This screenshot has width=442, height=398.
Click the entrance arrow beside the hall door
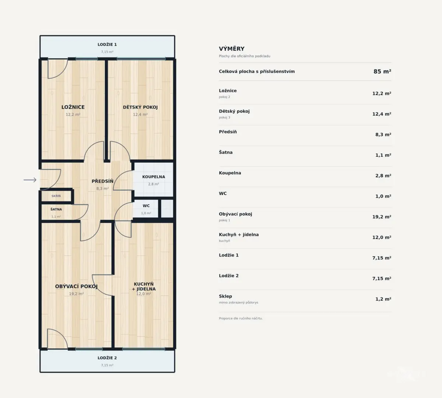point(30,180)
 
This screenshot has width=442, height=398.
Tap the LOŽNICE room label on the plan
point(73,107)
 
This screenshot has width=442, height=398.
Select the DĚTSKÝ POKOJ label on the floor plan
point(140,107)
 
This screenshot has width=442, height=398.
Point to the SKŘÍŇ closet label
point(56,196)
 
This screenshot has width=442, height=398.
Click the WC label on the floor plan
point(146,206)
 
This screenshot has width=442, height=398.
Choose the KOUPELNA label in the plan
point(154,177)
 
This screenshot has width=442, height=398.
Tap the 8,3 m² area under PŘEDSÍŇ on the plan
point(102,189)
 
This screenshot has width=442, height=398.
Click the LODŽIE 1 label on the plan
point(107,45)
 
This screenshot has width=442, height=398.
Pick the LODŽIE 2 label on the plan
point(107,358)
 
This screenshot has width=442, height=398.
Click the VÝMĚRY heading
point(232,49)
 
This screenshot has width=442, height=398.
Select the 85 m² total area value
point(382,71)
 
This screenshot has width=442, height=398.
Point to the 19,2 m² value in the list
point(382,217)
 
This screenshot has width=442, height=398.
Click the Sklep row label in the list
point(225,296)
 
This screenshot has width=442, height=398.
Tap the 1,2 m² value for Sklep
point(383,299)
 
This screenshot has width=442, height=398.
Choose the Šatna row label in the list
point(226,152)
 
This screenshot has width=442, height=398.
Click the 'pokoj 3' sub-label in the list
point(225,117)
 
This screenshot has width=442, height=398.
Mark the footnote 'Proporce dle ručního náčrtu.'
point(241,318)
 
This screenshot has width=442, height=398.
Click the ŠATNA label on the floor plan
point(56,209)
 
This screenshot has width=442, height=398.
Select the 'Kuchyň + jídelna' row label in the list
point(239,235)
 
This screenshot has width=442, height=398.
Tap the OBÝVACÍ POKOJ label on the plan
point(76,286)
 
